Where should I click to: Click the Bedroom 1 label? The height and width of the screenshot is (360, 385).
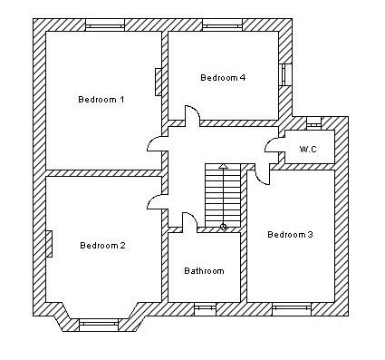click(x=101, y=99)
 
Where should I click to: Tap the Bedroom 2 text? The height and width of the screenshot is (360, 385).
click(x=102, y=245)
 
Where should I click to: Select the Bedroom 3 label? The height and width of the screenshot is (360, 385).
click(x=290, y=234)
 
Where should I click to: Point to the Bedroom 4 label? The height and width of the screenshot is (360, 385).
click(x=223, y=77)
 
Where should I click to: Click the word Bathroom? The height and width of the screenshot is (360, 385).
click(x=204, y=270)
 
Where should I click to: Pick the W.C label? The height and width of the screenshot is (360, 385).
click(x=308, y=149)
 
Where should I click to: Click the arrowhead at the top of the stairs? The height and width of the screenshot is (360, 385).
click(x=223, y=166)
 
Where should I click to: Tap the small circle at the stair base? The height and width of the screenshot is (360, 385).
click(x=223, y=227)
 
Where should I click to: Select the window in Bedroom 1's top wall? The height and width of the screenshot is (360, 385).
click(x=105, y=25)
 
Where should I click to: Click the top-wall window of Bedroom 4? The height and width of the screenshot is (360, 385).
click(x=222, y=25)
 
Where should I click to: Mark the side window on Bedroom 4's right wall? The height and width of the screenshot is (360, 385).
click(x=285, y=74)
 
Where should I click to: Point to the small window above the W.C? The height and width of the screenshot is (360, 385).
click(x=314, y=123)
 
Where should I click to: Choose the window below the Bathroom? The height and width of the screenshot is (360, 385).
click(x=205, y=309)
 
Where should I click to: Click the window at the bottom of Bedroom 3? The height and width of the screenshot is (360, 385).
click(x=292, y=309)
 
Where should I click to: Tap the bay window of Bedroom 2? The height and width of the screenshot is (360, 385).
click(x=98, y=325)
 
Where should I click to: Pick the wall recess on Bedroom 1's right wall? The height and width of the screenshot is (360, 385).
click(x=159, y=82)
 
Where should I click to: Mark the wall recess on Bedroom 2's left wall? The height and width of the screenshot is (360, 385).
click(x=49, y=244)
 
